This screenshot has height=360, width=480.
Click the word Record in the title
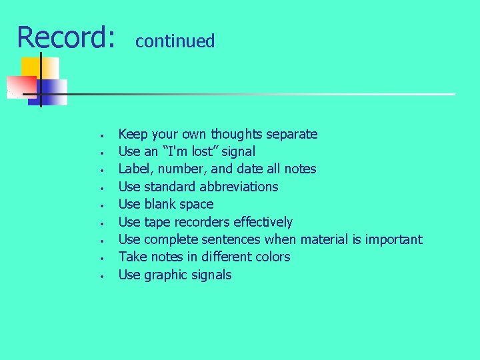(61, 37)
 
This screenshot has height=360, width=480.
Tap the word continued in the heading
(175, 41)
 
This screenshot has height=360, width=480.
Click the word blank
(161, 204)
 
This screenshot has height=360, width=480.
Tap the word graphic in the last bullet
(167, 275)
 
